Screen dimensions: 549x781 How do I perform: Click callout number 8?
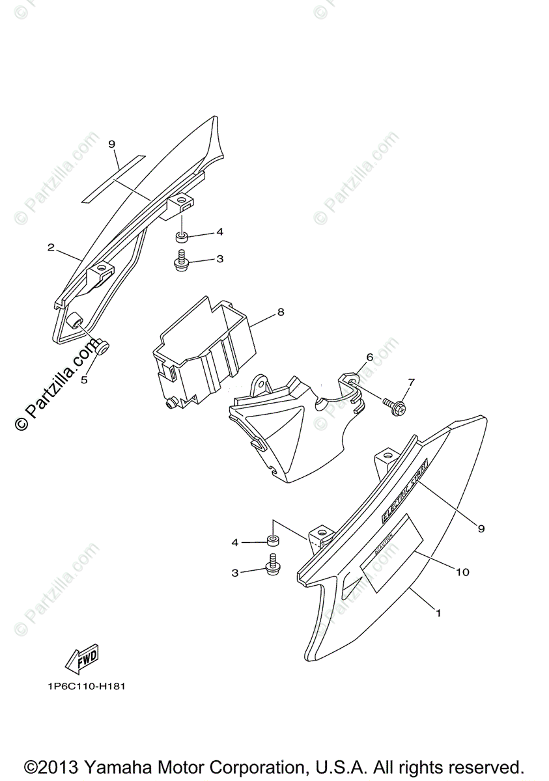tap(281, 312)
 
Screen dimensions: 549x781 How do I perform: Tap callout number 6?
tap(369, 357)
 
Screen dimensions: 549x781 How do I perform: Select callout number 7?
tap(411, 381)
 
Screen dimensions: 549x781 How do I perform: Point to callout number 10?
tap(462, 572)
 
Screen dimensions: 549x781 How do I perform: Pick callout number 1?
tap(438, 612)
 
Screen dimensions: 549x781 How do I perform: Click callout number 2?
tap(50, 247)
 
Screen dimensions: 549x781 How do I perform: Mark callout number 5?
tap(84, 380)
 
